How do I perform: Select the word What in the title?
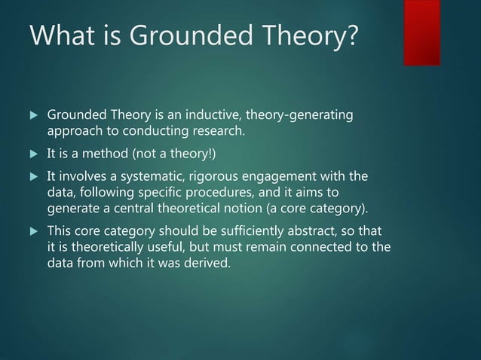coord(54,37)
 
